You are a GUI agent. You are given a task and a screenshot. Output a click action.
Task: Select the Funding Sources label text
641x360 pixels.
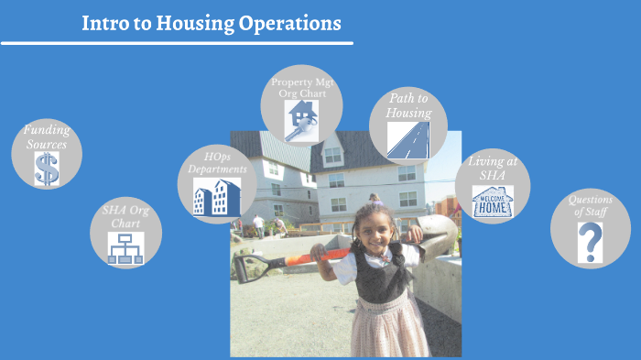47,137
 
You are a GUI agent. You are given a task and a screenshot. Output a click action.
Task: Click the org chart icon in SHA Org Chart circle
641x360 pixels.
126,248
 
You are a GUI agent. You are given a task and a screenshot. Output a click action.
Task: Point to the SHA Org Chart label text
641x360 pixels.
126,217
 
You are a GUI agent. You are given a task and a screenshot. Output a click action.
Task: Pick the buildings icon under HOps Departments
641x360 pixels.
217,197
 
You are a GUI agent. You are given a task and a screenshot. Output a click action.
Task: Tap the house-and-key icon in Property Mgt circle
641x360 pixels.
301,120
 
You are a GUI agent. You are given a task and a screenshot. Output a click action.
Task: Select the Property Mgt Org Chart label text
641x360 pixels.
302,87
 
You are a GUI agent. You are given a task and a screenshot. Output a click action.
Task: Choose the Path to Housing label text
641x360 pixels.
408,105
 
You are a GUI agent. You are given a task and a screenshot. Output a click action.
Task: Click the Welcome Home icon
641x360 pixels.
493,202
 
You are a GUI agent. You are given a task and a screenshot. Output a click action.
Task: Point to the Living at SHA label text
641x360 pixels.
493,168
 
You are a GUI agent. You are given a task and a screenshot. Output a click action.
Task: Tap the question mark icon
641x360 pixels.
591,242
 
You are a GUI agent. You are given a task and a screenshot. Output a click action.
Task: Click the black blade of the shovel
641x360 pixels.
250,267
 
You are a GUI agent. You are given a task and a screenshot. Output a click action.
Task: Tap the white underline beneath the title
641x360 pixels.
177,42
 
